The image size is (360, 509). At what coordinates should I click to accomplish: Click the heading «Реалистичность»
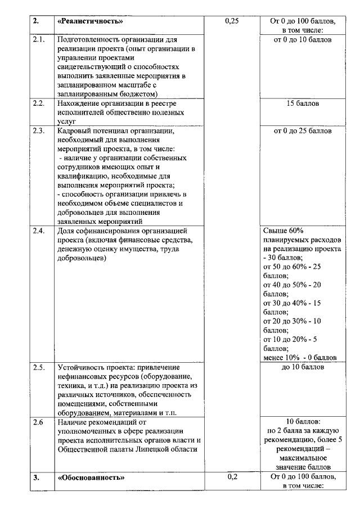pos(91,21)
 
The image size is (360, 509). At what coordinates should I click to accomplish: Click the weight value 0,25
pos(232,21)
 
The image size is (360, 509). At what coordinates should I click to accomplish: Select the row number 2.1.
pos(39,40)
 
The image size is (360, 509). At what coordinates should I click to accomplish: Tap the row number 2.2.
pos(39,103)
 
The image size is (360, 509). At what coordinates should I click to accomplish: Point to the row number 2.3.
pos(39,130)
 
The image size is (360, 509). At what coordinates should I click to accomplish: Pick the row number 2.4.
pos(39,231)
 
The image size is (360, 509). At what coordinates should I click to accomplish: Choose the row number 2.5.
pos(39,367)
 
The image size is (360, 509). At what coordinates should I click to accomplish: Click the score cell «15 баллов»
pos(303,104)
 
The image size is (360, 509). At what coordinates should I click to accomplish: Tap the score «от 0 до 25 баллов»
pos(303,131)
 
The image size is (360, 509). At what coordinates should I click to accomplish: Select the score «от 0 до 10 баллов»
pos(303,40)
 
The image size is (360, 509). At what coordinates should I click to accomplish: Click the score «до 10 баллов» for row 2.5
pos(303,367)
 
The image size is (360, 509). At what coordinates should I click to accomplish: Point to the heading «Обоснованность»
pos(91,478)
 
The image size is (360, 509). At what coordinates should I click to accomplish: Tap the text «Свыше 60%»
pos(283,231)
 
